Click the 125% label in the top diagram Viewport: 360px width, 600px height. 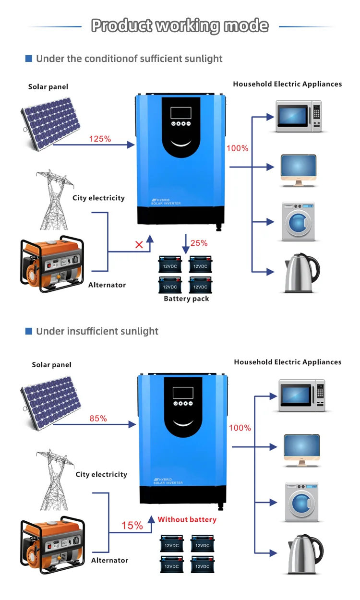pos(100,139)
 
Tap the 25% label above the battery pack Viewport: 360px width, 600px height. pos(199,243)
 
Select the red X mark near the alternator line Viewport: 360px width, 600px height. pos(139,245)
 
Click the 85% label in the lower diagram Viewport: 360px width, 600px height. pos(98,419)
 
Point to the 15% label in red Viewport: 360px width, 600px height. pos(132,526)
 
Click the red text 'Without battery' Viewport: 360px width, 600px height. pos(187,519)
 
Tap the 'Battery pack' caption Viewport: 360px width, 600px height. pos(186,299)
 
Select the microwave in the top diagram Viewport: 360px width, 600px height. pos(298,116)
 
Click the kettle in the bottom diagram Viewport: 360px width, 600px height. pos(305,554)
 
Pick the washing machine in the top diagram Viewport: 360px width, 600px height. pos(298,222)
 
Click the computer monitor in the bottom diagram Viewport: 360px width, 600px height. pos(301,450)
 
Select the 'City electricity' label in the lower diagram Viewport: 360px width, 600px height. pos(101,474)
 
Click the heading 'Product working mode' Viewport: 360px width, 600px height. pos(180,25)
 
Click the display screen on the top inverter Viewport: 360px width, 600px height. pos(180,113)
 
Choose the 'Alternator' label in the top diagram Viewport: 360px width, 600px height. pos(107,285)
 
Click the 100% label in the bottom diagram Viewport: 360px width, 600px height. pos(240,428)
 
